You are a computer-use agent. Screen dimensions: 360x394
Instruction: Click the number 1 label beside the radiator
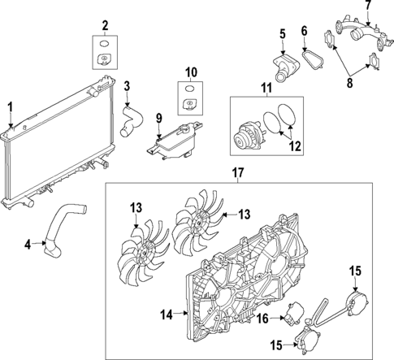click(x=10, y=106)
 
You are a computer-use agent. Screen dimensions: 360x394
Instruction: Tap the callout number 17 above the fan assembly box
click(x=237, y=173)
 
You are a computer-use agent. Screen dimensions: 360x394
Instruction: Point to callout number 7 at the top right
click(x=367, y=7)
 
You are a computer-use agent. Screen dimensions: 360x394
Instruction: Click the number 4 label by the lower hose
click(x=28, y=243)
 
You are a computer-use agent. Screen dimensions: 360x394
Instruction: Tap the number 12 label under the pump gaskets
click(x=296, y=147)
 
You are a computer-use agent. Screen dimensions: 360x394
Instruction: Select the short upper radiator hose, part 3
click(x=130, y=116)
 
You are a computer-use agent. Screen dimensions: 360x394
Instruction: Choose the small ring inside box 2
click(x=103, y=42)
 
